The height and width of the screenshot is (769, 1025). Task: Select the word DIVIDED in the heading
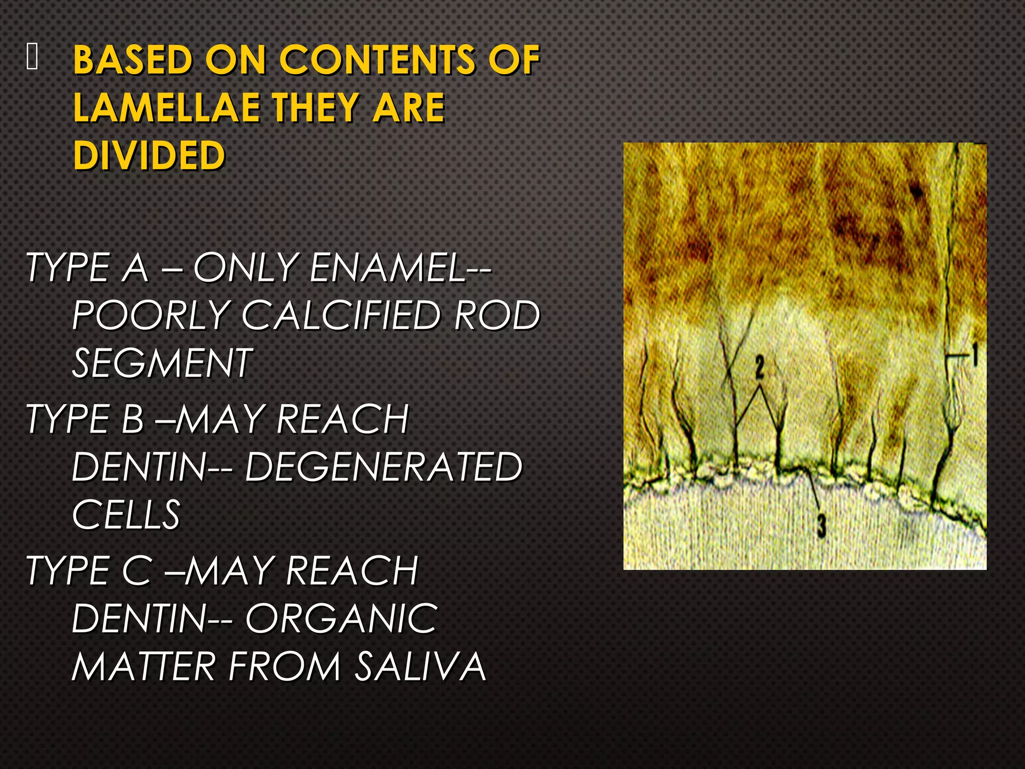tap(149, 155)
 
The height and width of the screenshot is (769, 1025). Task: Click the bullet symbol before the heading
tap(32, 56)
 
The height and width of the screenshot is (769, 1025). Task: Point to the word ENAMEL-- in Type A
tap(400, 268)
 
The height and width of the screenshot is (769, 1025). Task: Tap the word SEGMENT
tap(162, 363)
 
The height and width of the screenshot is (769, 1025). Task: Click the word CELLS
tap(126, 515)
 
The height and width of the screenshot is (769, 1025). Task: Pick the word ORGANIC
tap(341, 619)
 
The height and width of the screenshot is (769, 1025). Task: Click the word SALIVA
tap(420, 666)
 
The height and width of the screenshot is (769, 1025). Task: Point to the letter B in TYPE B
tap(133, 419)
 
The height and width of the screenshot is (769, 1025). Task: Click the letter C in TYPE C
tap(137, 571)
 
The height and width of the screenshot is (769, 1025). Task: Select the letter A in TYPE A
tap(135, 268)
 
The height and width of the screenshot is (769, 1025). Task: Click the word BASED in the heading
tap(133, 60)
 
